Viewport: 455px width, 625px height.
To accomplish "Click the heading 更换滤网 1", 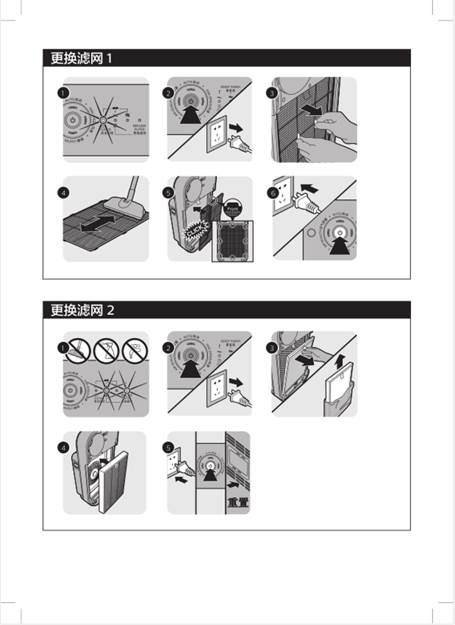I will [x=81, y=58].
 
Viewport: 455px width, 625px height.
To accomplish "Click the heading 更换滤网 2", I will [x=82, y=310].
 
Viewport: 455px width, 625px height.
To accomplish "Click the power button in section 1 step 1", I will [x=71, y=120].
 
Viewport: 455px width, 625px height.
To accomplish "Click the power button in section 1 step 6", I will [x=340, y=233].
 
